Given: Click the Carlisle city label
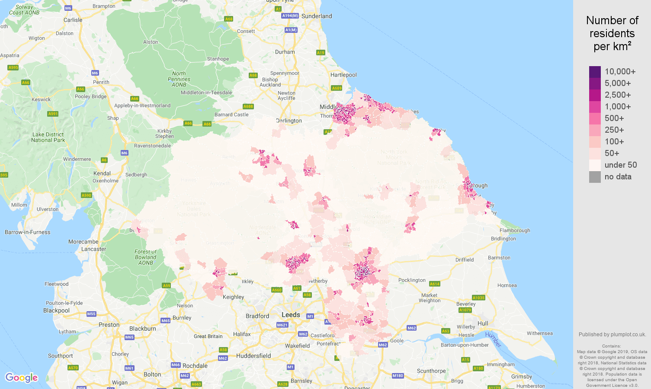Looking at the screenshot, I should [73, 20].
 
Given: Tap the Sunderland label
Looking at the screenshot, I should [317, 16].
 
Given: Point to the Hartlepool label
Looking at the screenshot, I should [343, 75].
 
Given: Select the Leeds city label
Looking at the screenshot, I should [291, 315].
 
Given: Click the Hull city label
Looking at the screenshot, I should [483, 323].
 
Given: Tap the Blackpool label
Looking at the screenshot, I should [56, 310].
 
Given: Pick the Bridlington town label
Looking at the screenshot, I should [503, 239].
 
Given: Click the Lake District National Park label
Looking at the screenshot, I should [48, 137].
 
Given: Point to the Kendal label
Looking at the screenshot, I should [102, 173].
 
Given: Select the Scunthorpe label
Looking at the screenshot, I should [431, 371].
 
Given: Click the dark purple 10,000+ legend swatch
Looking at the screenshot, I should [595, 72].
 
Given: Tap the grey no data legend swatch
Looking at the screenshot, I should [595, 177].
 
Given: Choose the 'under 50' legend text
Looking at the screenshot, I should [620, 165].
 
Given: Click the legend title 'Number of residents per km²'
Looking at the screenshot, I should [612, 33].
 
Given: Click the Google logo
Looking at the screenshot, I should [21, 378].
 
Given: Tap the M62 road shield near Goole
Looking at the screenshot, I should [383, 345].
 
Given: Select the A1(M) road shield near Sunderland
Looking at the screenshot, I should [291, 30].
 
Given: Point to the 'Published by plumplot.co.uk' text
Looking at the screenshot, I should [612, 335].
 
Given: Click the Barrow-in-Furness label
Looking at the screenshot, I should [27, 232].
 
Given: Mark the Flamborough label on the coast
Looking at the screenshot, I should [515, 230].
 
